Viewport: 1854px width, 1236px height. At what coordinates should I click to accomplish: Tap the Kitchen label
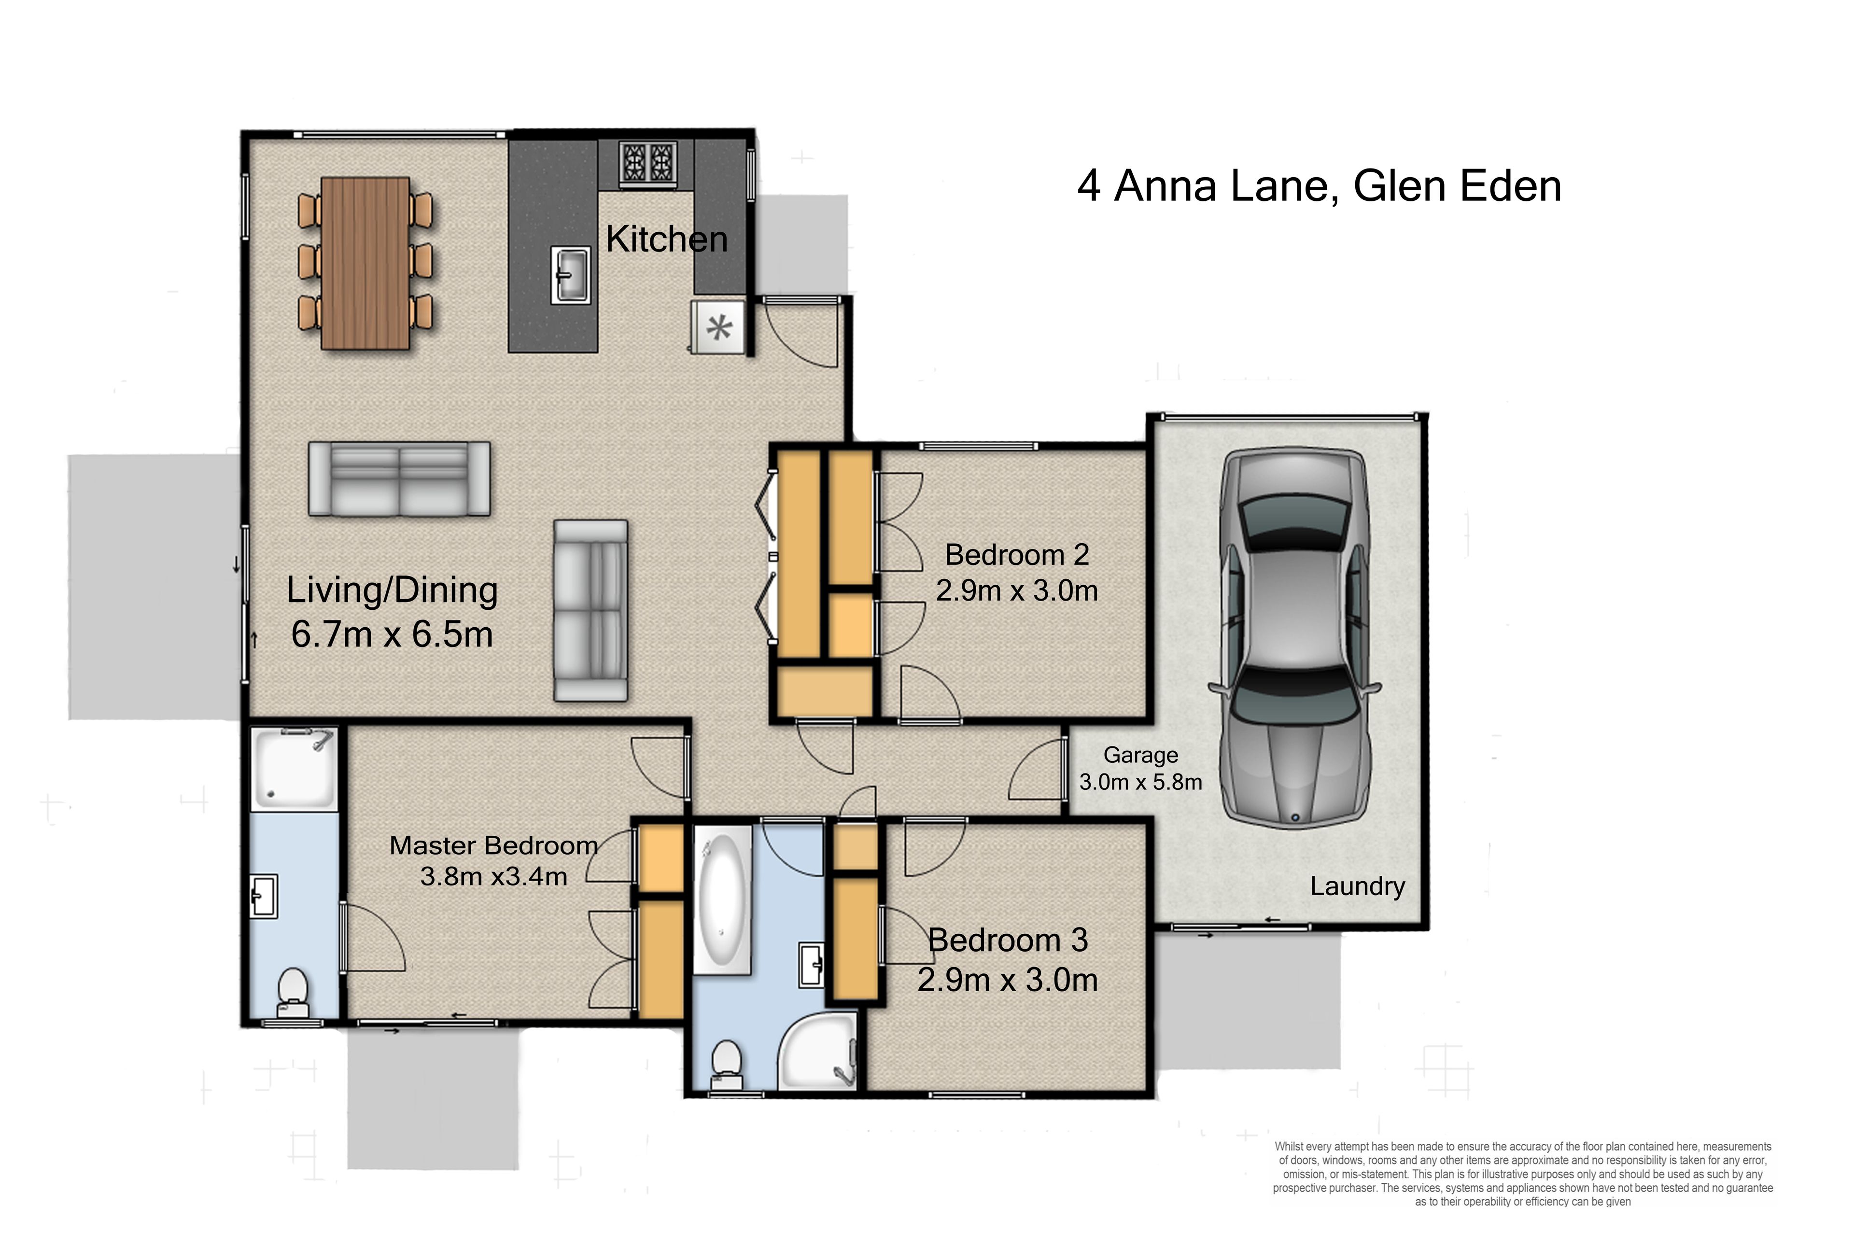[666, 239]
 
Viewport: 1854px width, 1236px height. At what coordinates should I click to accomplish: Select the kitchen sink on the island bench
[570, 274]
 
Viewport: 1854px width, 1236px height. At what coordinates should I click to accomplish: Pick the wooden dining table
[365, 263]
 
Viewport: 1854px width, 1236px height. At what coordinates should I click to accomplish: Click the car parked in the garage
[1295, 638]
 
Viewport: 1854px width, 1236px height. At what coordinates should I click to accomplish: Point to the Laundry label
[1357, 886]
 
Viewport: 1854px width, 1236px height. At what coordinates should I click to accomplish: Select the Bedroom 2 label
[1017, 555]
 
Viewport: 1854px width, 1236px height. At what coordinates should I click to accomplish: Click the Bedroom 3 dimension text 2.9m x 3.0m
[1008, 980]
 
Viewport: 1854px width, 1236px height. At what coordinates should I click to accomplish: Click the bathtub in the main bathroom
[723, 900]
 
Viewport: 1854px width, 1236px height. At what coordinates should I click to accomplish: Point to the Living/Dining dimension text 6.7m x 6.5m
[392, 634]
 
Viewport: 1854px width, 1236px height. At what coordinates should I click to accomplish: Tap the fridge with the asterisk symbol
[718, 327]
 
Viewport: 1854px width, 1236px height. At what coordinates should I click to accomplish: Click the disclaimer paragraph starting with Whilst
[1523, 1174]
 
